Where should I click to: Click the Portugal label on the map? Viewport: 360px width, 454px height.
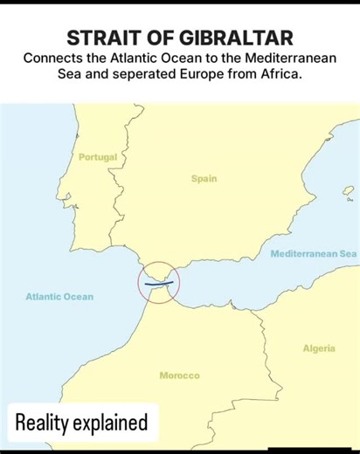[97, 157]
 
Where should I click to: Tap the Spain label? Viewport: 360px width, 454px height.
[204, 178]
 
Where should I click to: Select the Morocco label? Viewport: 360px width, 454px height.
[179, 375]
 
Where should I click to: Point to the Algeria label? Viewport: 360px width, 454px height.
[319, 348]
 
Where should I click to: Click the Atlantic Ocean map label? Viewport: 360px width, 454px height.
[59, 297]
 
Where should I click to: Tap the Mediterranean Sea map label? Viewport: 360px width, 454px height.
[314, 253]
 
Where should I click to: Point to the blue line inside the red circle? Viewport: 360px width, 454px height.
[158, 284]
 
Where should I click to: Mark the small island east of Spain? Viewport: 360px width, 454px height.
[348, 190]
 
